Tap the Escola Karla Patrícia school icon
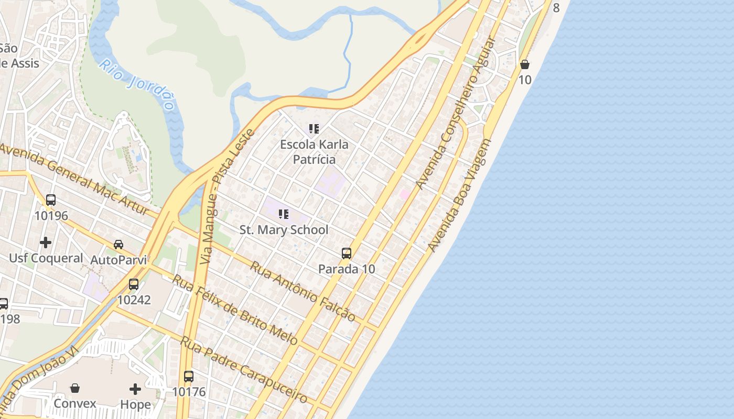[x=314, y=129]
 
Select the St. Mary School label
[x=284, y=230]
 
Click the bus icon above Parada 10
[x=347, y=253]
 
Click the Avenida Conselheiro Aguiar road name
[x=455, y=113]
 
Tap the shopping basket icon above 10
[x=524, y=64]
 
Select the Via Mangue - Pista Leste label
[x=227, y=196]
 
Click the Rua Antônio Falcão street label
[x=303, y=291]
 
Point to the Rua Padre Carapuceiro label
[x=244, y=370]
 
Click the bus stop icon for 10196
[x=51, y=200]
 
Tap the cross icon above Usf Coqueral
[x=46, y=242]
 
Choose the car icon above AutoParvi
[x=118, y=245]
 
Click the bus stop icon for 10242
[x=134, y=284]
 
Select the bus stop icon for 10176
[x=189, y=376]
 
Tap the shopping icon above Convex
[x=75, y=388]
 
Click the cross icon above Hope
[x=135, y=389]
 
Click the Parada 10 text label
[x=347, y=269]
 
